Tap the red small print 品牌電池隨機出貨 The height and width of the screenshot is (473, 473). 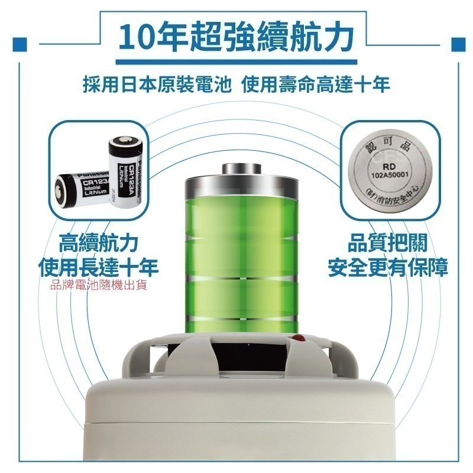coord(99,286)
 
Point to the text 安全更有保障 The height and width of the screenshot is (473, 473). coord(388,267)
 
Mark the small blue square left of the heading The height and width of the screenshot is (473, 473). coord(21,44)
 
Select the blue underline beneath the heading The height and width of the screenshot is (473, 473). coord(237,59)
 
